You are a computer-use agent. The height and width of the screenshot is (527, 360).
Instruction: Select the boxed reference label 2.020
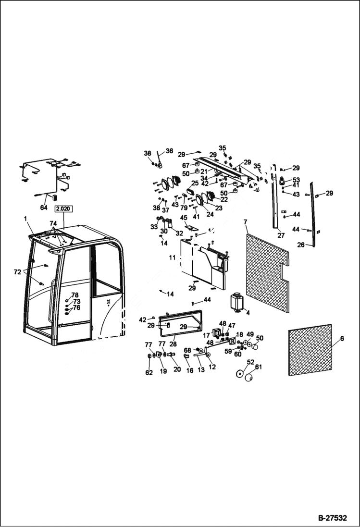coord(63,209)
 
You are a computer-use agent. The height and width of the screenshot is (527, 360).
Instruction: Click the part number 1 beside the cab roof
coord(25,219)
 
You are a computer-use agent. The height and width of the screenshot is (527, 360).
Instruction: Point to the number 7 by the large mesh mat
coord(245,222)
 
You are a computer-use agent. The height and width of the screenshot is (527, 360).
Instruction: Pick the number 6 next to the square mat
coord(342,338)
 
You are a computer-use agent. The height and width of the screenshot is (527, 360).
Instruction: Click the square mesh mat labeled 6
coord(310,349)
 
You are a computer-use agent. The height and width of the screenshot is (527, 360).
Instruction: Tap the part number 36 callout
coord(169,151)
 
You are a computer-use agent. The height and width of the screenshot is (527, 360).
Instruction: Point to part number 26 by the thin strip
coord(301,245)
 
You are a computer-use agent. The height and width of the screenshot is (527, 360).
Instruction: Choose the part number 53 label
coord(296,180)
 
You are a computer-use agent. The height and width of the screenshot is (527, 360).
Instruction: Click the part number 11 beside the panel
coord(173,258)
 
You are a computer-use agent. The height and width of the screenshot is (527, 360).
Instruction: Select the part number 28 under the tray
coord(173,344)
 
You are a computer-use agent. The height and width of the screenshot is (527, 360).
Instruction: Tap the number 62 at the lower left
coord(149,372)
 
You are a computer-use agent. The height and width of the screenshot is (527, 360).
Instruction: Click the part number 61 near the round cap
coord(259,367)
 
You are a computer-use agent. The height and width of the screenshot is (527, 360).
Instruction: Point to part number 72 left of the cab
coord(17,272)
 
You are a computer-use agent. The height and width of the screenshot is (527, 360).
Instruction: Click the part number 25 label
coord(195,183)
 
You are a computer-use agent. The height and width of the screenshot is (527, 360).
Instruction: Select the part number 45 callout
coord(184,217)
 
